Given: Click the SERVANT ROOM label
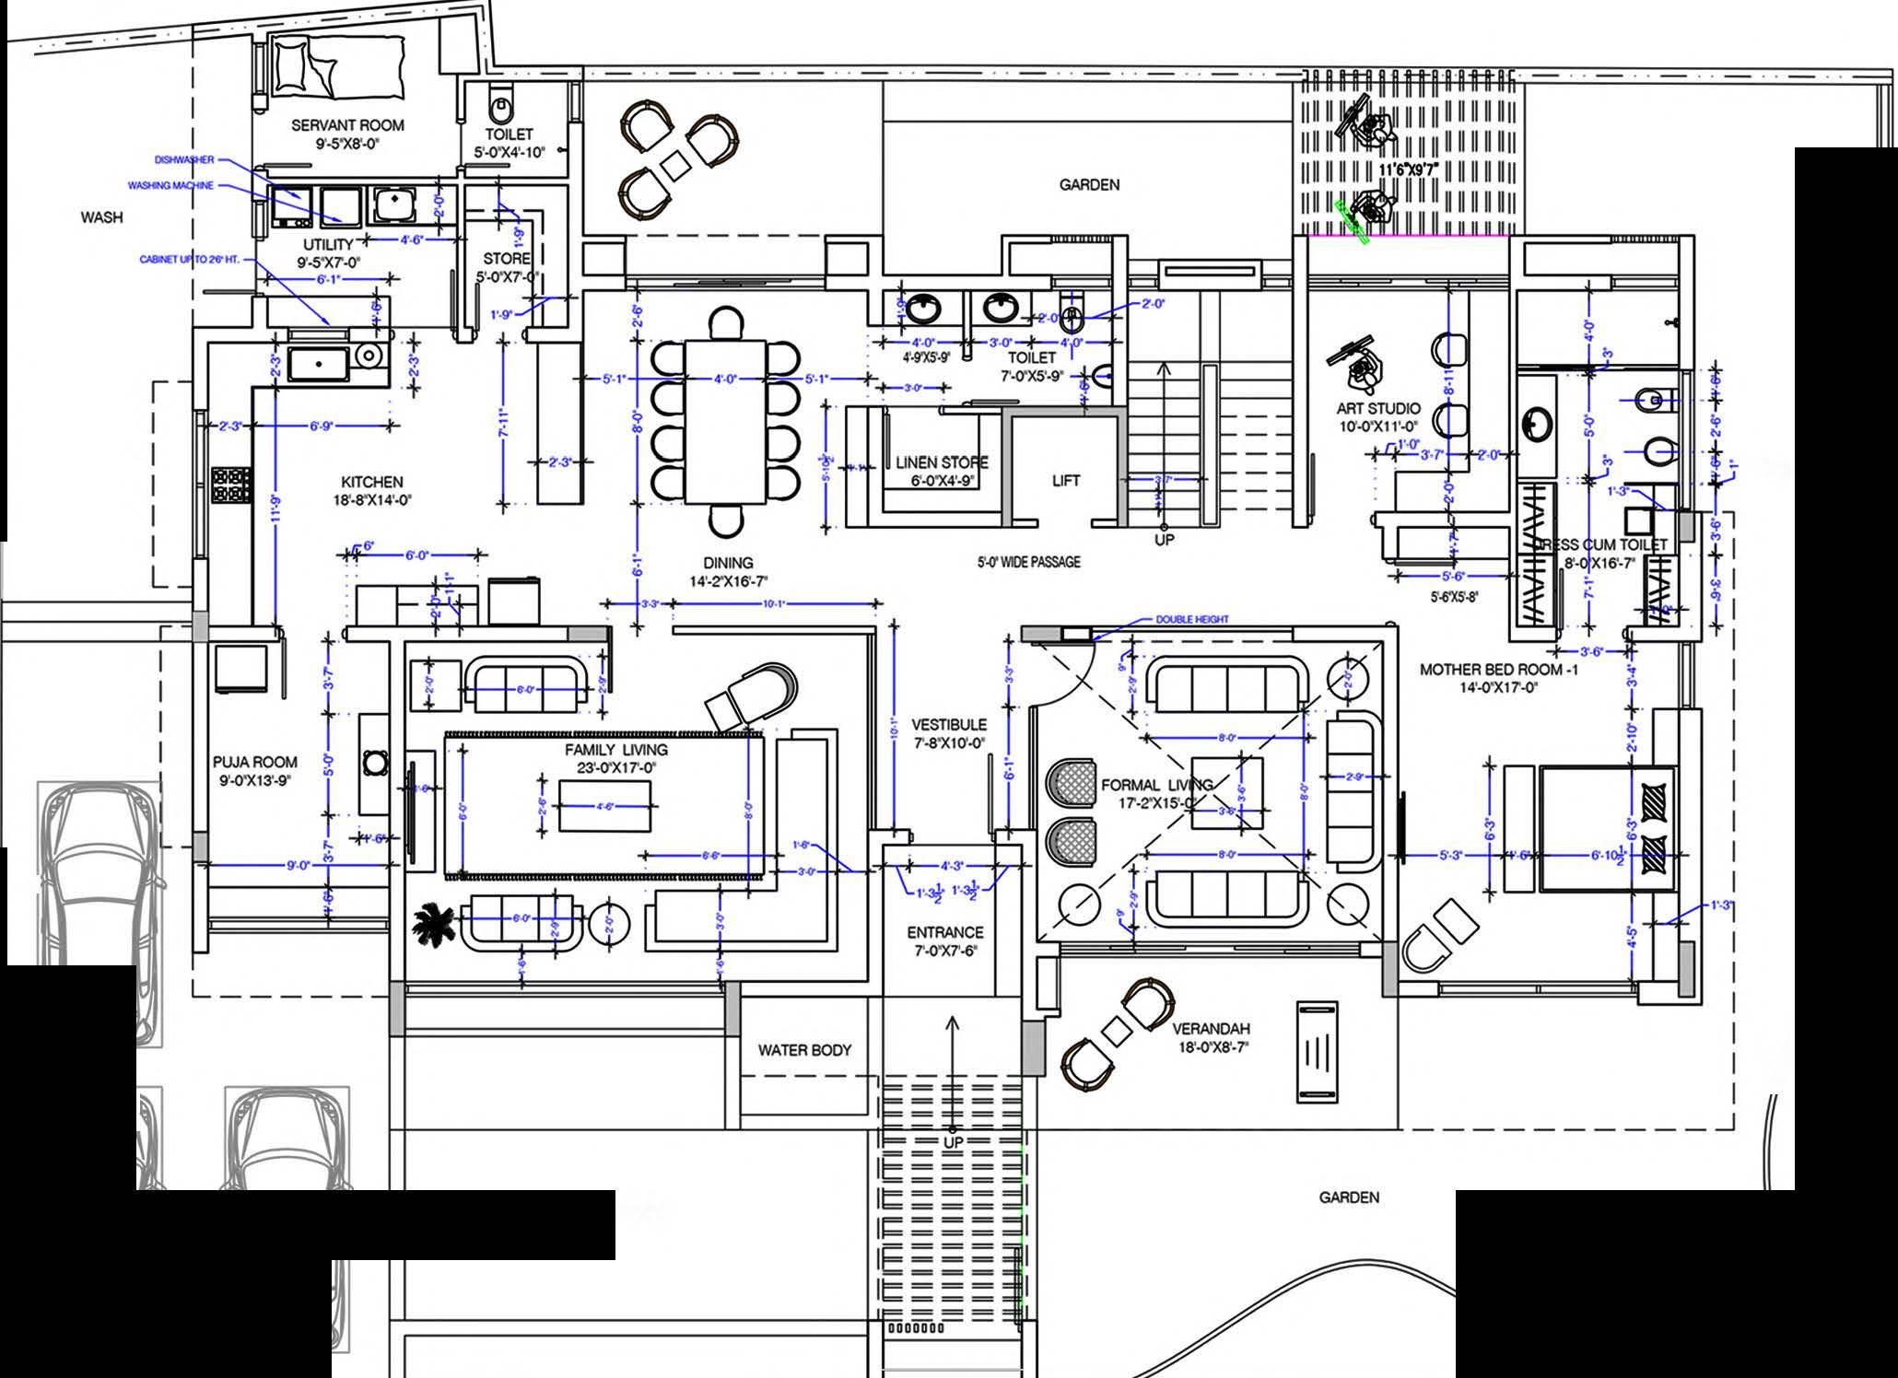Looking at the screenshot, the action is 347,125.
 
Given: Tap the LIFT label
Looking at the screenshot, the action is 1066,480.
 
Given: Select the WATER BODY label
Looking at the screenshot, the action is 804,1049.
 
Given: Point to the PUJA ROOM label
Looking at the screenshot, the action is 255,762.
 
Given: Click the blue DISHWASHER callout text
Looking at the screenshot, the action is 184,160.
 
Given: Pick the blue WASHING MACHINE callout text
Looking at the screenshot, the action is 170,185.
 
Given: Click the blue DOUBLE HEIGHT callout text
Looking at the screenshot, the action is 1192,619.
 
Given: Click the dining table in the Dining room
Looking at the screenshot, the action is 725,422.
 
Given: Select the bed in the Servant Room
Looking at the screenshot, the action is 339,66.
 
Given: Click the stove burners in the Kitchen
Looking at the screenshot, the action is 231,485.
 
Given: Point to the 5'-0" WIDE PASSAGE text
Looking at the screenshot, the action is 1029,561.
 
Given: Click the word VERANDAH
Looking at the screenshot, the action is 1211,1029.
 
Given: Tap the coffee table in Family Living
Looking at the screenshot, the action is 604,805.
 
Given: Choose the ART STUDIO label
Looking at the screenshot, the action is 1378,408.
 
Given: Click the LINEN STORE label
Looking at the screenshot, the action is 942,462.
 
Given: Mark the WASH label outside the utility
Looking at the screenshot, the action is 101,217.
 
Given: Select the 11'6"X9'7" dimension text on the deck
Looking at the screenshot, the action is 1408,170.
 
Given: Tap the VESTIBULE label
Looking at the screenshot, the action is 949,725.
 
